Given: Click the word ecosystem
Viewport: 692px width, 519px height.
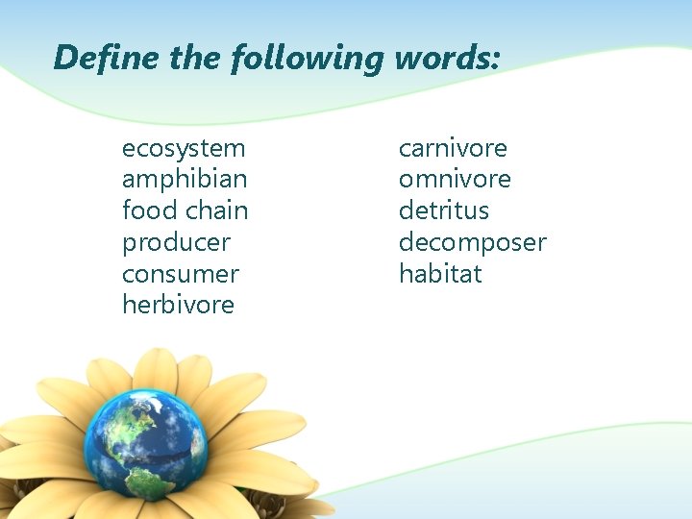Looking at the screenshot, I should click(x=184, y=149).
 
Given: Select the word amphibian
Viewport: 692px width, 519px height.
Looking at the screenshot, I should click(x=185, y=180).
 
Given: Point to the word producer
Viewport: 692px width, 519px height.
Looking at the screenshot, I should click(x=176, y=242).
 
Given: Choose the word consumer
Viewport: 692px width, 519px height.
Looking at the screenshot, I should click(x=181, y=274).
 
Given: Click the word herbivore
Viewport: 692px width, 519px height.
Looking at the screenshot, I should click(x=178, y=305).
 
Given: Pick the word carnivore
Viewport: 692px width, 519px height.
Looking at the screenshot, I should click(x=453, y=149).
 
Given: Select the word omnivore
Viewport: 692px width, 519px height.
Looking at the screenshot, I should click(x=455, y=180).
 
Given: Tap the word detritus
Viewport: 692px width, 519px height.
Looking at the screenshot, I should click(x=444, y=210).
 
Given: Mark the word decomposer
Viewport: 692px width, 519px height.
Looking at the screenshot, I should click(x=472, y=242).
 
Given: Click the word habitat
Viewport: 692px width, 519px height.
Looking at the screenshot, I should click(x=440, y=274).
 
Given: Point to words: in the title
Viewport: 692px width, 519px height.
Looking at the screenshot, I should click(x=446, y=58).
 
